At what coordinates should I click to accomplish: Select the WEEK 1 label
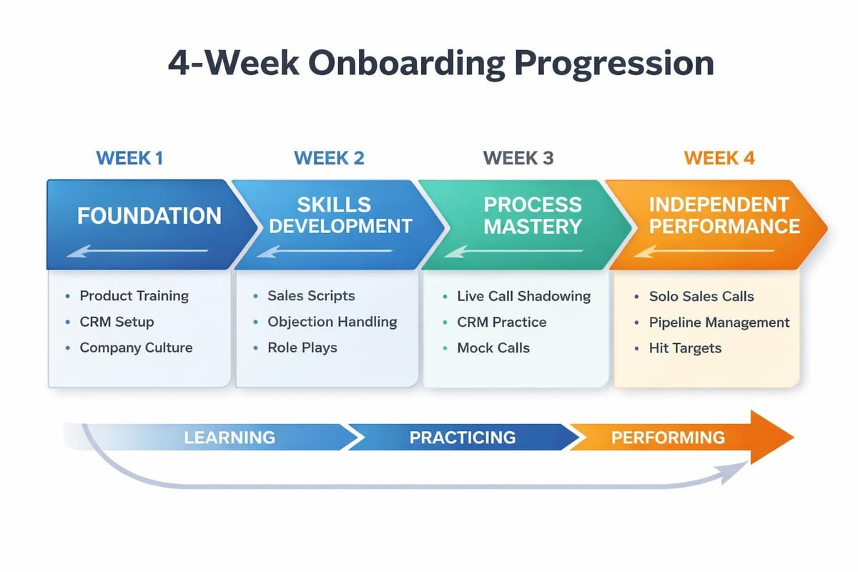pos(129,158)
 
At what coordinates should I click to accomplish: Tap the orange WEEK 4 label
pos(719,158)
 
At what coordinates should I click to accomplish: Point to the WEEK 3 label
pos(518,158)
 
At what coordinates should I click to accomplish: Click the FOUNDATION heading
pos(149,215)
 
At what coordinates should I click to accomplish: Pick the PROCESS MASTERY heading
pos(532,215)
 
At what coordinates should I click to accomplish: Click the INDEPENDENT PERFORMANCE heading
pos(724,215)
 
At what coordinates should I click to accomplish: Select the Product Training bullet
pos(134,295)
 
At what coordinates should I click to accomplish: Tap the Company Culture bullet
pos(136,348)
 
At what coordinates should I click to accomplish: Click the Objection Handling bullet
pos(332,322)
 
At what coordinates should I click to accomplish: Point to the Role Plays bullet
pos(302,348)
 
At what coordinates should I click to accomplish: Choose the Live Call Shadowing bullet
pos(523,295)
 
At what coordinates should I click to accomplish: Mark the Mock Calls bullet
pos(493,348)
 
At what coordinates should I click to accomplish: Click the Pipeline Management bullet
pos(719,322)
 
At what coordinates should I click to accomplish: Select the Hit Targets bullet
pos(685,348)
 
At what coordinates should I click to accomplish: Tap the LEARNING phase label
pos(229,437)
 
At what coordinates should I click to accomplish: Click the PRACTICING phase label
pos(462,437)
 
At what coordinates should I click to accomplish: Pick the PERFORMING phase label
pos(667,437)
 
